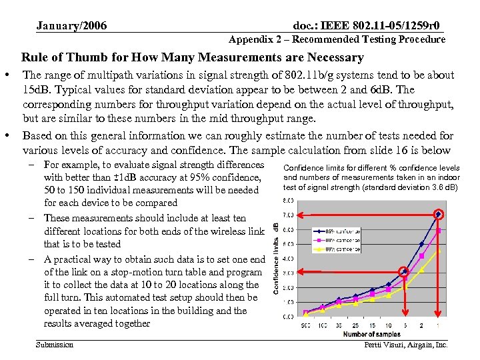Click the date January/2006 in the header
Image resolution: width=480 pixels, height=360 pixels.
pos(71,26)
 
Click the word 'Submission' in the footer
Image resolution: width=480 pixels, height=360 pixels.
pos(55,345)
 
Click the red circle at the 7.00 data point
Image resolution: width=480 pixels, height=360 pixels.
pos(438,215)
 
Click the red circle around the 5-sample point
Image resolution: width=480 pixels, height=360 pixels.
pos(404,271)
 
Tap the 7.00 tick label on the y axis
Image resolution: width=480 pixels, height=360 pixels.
pos(288,215)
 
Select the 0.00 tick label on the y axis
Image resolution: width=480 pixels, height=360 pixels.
pos(288,317)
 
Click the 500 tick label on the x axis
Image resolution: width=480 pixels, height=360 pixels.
pos(306,325)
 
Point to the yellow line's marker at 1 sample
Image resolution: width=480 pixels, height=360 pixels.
pos(438,251)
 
